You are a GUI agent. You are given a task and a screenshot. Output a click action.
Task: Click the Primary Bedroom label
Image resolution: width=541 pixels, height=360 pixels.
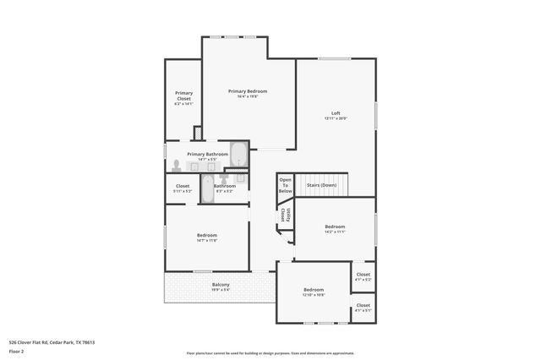point(248,90)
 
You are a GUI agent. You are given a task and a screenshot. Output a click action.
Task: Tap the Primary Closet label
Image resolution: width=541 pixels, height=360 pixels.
point(183,95)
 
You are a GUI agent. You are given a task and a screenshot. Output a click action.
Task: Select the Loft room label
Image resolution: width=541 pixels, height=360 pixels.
point(336,113)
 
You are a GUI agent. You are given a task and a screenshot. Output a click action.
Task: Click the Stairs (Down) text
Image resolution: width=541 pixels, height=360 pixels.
point(321,184)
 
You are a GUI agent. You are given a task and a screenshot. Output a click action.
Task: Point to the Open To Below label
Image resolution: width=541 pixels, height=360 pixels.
point(286,185)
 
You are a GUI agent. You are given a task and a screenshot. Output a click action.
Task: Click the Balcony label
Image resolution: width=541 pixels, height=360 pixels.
point(221,284)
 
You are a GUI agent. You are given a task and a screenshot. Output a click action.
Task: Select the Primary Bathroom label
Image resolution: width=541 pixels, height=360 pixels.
point(207,154)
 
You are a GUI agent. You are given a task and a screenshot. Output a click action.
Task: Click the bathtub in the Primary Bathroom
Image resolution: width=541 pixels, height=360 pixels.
point(238,155)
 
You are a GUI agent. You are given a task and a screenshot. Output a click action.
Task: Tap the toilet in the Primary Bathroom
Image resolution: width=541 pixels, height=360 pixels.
point(176,166)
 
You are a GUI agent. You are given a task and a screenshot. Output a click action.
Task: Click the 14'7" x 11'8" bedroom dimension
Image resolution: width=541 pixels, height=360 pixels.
point(207,241)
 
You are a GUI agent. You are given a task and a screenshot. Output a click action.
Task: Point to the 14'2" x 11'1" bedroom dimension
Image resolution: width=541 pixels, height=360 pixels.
point(335,232)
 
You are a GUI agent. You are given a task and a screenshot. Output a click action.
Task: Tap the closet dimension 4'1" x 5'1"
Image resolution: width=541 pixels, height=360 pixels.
point(363,311)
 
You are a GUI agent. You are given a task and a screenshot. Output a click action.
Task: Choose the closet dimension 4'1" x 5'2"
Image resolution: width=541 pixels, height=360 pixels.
point(363,280)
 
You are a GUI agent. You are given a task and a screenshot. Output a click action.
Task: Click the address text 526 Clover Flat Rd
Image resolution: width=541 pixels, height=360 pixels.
point(51,342)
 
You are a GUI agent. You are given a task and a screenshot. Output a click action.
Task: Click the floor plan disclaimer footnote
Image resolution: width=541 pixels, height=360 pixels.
point(270,353)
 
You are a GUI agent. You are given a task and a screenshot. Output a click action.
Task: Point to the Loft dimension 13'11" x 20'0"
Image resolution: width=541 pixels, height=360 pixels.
point(336,118)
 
